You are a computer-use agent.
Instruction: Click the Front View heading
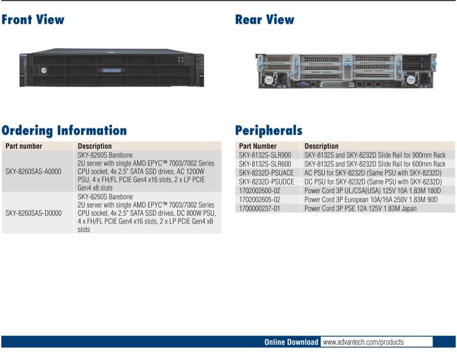pyautogui.click(x=33, y=19)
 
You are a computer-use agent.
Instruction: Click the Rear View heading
pyautogui.click(x=264, y=19)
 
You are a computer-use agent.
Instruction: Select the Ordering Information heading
pyautogui.click(x=64, y=130)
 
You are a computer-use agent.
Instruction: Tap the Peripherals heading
pyautogui.click(x=269, y=130)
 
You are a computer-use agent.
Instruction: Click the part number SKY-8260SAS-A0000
pyautogui.click(x=34, y=172)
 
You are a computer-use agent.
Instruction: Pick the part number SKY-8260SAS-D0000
pyautogui.click(x=34, y=213)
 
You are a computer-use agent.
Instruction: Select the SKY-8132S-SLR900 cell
pyautogui.click(x=265, y=155)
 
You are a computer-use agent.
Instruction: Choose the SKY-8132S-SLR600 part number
pyautogui.click(x=265, y=164)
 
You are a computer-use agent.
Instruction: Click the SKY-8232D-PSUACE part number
pyautogui.click(x=266, y=173)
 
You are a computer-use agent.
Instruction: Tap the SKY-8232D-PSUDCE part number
pyautogui.click(x=266, y=182)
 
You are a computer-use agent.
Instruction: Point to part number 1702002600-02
pyautogui.click(x=260, y=191)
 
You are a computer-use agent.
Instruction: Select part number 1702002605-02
pyautogui.click(x=260, y=199)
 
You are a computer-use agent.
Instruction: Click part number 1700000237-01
pyautogui.click(x=260, y=208)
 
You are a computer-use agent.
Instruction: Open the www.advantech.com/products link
pyautogui.click(x=363, y=342)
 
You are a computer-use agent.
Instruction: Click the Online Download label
pyautogui.click(x=291, y=342)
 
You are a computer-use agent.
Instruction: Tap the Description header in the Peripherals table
pyautogui.click(x=322, y=146)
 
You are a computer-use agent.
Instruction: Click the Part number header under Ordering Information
pyautogui.click(x=24, y=146)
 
